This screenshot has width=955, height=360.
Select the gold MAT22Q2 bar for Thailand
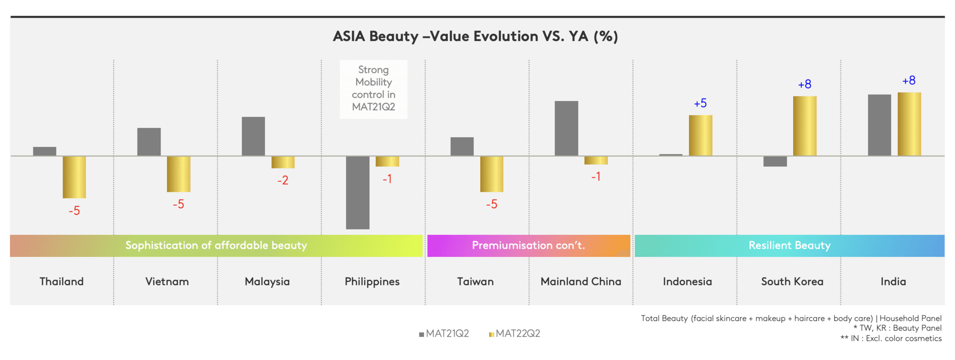(74, 177)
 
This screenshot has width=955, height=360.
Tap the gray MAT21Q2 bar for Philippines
(358, 193)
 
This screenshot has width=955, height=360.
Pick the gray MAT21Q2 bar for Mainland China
(566, 128)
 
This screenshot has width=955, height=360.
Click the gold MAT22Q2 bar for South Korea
(805, 126)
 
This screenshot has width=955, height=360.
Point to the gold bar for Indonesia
(700, 136)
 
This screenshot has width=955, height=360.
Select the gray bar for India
(880, 125)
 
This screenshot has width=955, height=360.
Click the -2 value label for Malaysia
(283, 180)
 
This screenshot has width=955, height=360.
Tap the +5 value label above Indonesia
(700, 103)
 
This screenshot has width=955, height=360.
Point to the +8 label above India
(909, 80)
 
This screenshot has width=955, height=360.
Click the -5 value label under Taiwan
(491, 204)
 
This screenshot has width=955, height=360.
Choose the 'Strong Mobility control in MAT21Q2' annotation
(373, 88)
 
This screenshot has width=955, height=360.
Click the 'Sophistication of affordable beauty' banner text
(216, 245)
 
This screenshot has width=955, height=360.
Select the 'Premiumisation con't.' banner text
(529, 245)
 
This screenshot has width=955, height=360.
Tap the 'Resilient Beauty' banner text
(790, 245)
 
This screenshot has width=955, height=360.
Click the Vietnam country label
(167, 282)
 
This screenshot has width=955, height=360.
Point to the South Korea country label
(792, 282)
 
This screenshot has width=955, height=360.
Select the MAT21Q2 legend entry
(444, 334)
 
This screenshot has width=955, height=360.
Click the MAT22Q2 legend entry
(515, 334)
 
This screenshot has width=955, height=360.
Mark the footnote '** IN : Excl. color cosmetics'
(891, 339)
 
